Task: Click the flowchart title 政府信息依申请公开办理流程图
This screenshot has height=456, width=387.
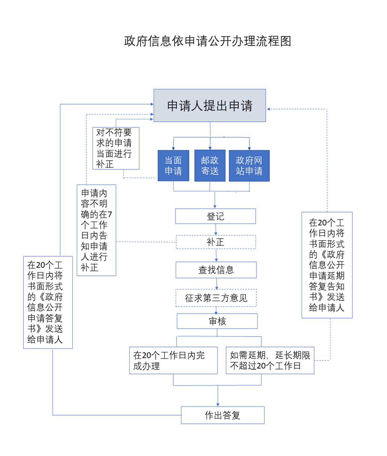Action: pyautogui.click(x=208, y=41)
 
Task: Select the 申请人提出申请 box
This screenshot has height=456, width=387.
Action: pyautogui.click(x=210, y=106)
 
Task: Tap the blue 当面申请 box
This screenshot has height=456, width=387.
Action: pyautogui.click(x=173, y=166)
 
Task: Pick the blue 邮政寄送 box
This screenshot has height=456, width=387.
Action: pyautogui.click(x=210, y=166)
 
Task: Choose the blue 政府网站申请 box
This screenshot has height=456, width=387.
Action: pyautogui.click(x=249, y=166)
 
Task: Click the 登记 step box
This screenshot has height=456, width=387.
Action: pyautogui.click(x=215, y=216)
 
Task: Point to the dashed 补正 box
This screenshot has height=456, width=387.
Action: pyautogui.click(x=216, y=242)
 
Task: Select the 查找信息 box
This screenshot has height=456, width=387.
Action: pyautogui.click(x=216, y=270)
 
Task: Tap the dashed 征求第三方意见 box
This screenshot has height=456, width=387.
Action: pyautogui.click(x=216, y=298)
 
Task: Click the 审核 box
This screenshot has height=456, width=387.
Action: pyautogui.click(x=217, y=321)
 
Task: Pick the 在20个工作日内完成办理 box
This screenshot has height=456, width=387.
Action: pyautogui.click(x=173, y=360)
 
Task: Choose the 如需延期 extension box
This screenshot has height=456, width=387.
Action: pyautogui.click(x=270, y=360)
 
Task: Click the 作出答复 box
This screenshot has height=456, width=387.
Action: pyautogui.click(x=223, y=415)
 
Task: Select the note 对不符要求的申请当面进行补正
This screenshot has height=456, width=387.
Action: pyautogui.click(x=116, y=148)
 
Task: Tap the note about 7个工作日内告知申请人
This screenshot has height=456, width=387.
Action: pyautogui.click(x=96, y=230)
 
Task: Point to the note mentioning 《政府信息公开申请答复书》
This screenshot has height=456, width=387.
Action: pyautogui.click(x=48, y=302)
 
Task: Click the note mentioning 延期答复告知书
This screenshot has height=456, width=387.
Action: pyautogui.click(x=327, y=265)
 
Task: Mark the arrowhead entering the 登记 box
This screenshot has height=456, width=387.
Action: pyautogui.click(x=215, y=206)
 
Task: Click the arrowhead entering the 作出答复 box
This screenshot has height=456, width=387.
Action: pyautogui.click(x=218, y=404)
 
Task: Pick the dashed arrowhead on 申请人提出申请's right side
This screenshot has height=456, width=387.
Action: pyautogui.click(x=269, y=109)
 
